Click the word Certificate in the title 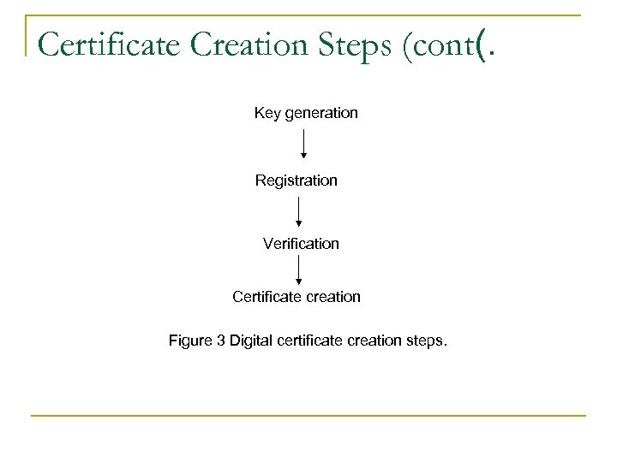click(111, 44)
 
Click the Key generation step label click(306, 113)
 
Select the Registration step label click(297, 181)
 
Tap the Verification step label click(301, 244)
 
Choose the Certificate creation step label click(297, 297)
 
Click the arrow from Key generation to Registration click(303, 144)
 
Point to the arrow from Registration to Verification click(298, 211)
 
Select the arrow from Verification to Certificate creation click(298, 269)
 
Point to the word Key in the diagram click(266, 113)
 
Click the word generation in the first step click(320, 113)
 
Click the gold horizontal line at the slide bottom click(308, 416)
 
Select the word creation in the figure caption click(375, 341)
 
